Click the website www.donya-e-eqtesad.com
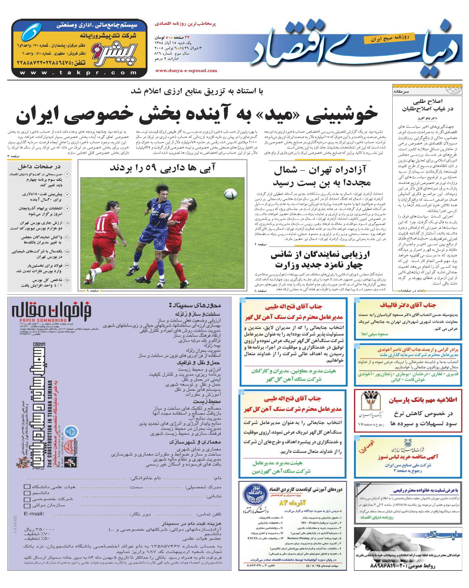(x=186, y=71)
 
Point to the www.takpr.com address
(x=79, y=73)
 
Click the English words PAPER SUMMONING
(x=43, y=320)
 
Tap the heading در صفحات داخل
(x=39, y=166)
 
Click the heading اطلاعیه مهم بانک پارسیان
(x=423, y=400)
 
